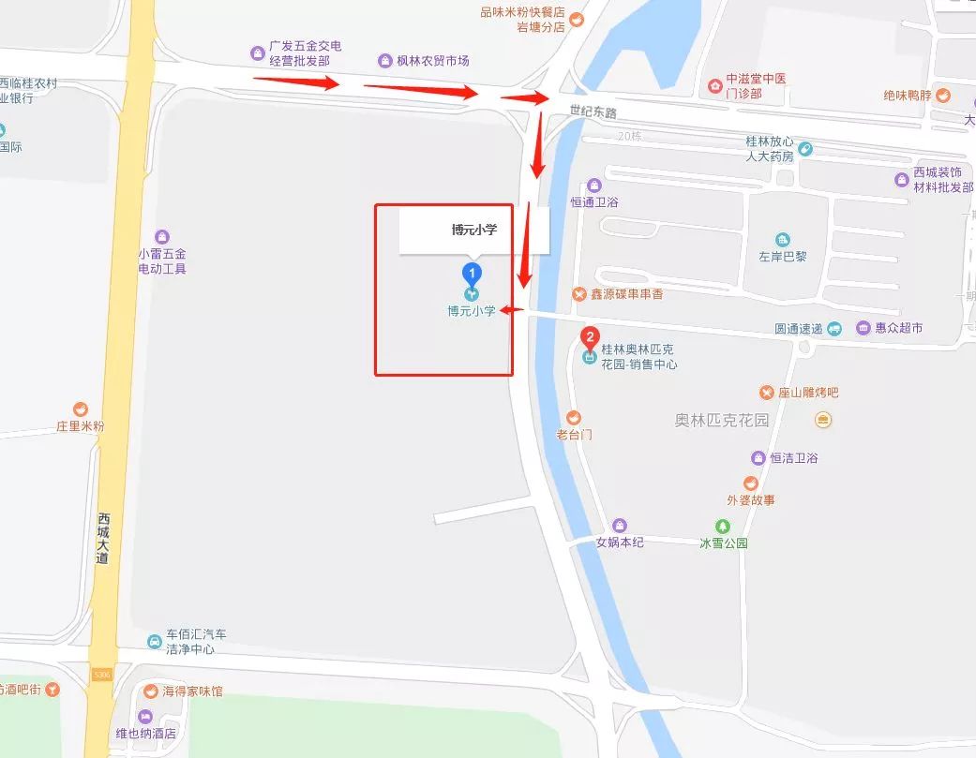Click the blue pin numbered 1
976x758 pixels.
[x=473, y=274]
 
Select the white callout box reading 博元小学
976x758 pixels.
[x=473, y=230]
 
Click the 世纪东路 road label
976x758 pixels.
[x=593, y=111]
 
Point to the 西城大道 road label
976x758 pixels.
[x=103, y=538]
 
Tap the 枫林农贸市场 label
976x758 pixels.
[x=432, y=61]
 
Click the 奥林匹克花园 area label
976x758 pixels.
[x=721, y=420]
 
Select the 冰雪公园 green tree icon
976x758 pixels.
[x=723, y=527]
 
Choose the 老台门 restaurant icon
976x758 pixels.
[x=574, y=418]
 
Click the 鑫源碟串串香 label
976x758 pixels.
[x=626, y=294]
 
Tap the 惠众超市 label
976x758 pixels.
[x=898, y=328]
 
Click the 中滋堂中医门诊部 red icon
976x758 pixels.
[x=715, y=86]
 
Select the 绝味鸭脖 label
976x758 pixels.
[x=908, y=95]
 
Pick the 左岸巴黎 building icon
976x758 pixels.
[x=783, y=240]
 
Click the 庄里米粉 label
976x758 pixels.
[x=80, y=426]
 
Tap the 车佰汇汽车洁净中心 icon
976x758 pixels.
[x=154, y=641]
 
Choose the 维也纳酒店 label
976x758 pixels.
[x=144, y=734]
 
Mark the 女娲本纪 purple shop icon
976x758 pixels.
[x=619, y=526]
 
